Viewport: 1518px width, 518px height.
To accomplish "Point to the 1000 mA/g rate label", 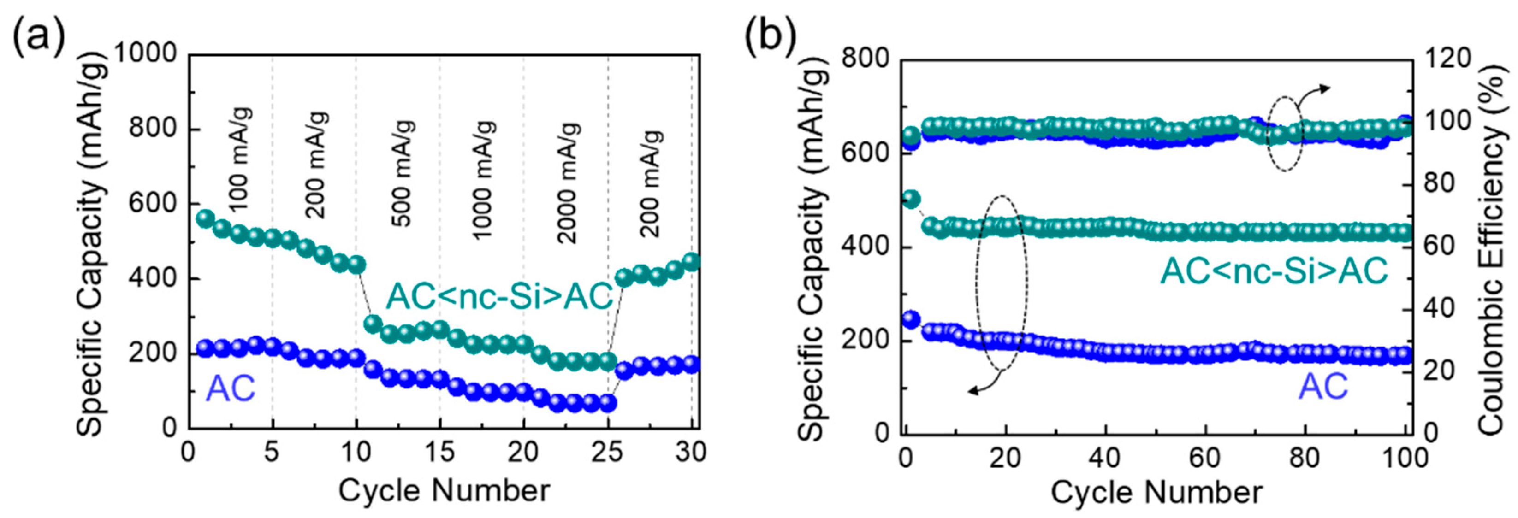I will coord(484,180).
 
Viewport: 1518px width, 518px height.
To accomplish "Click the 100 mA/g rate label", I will coord(239,159).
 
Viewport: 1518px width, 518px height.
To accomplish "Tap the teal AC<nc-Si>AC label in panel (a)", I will coord(500,296).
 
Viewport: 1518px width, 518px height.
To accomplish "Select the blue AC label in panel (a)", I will coord(231,388).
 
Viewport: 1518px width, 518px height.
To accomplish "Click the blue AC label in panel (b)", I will coord(1323,387).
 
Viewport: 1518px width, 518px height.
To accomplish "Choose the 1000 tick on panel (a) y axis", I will coord(145,54).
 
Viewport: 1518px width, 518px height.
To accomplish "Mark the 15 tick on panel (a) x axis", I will coord(439,452).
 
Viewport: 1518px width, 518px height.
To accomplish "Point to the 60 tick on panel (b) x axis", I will coord(1204,457).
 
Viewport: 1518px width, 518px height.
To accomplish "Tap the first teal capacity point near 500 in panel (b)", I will coord(911,199).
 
